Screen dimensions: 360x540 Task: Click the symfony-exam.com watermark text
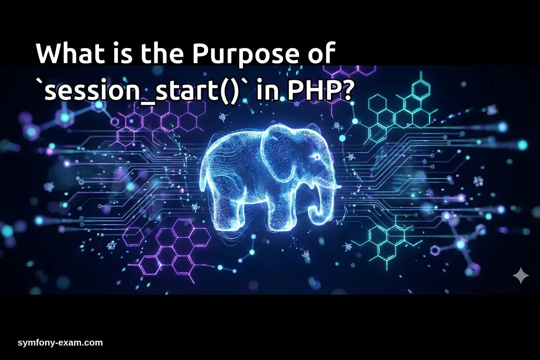60,343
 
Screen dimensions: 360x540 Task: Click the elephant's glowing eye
315,157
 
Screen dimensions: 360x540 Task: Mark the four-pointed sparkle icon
521,275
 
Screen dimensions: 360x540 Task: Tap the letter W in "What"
49,54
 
